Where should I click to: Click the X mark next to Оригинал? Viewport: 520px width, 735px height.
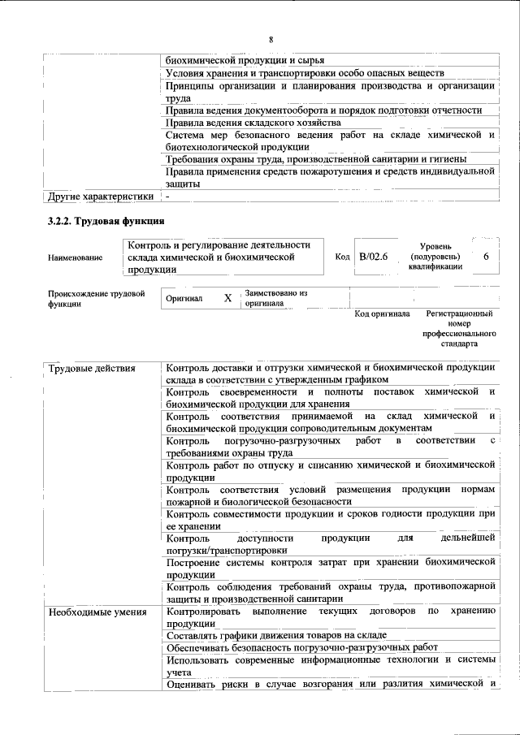(x=228, y=298)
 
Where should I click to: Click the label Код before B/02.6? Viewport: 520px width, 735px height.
(x=342, y=257)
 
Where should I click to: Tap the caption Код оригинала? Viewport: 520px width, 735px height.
(x=383, y=313)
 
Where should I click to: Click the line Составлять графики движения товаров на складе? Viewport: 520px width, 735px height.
(x=275, y=635)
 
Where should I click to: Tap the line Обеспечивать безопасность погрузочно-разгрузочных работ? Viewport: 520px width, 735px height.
(x=301, y=647)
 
